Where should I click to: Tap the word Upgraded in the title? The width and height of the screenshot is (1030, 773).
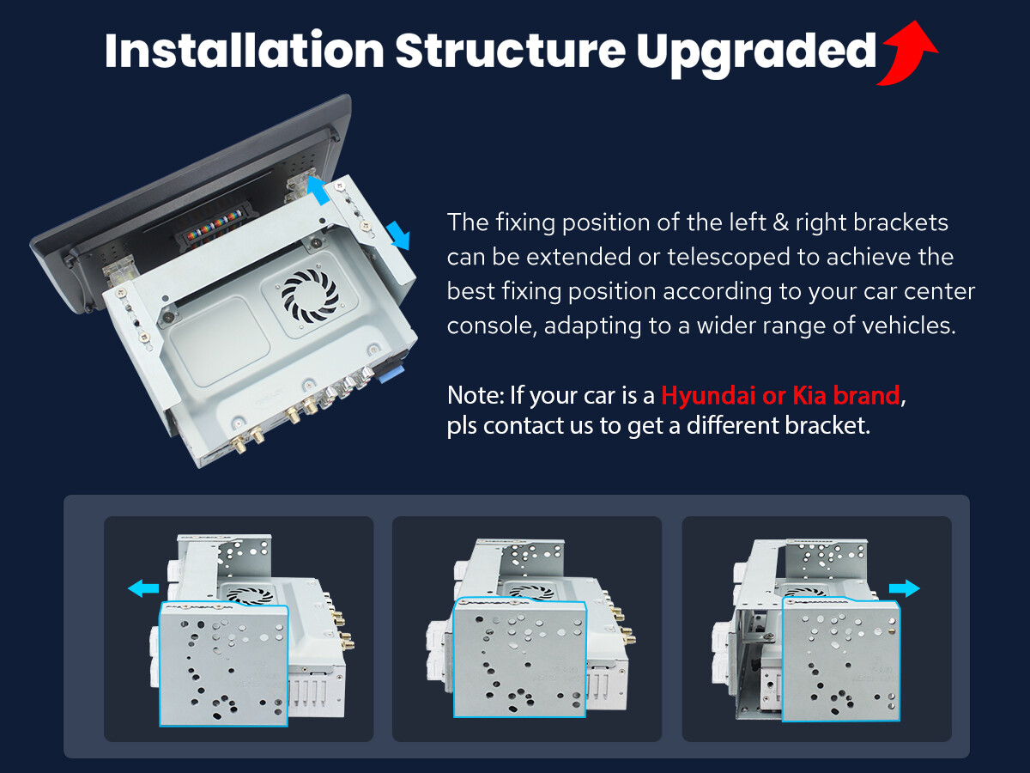pos(756,54)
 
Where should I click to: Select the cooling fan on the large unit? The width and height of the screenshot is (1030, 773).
pos(310,295)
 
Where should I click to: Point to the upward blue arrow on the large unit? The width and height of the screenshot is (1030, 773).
pos(318,189)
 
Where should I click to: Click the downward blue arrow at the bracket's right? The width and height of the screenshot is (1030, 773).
pos(398,235)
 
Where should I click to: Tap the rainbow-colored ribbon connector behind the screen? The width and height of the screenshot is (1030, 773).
pos(214,226)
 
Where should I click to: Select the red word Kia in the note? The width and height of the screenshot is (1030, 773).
pos(809,395)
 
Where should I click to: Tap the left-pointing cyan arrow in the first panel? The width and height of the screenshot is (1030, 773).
pos(143,588)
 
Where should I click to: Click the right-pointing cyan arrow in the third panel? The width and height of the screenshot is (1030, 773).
pos(904,588)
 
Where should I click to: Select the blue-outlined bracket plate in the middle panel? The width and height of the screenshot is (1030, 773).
pos(520,658)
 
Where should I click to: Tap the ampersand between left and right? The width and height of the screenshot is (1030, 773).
pos(780,222)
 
